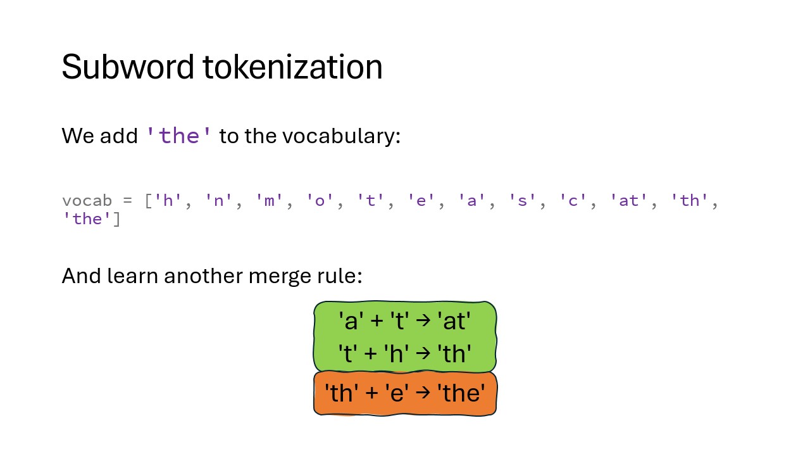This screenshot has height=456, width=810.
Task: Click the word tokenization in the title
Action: point(292,66)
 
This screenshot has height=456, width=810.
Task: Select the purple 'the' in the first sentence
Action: point(180,136)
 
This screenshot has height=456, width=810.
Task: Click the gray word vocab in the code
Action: point(87,201)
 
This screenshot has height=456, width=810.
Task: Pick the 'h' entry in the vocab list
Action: point(168,201)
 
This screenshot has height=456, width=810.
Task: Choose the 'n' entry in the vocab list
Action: point(218,201)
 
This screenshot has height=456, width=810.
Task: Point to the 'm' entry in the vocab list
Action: point(269,201)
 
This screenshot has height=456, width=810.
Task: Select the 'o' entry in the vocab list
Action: point(320,201)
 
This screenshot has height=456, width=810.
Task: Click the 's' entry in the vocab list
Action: point(522,201)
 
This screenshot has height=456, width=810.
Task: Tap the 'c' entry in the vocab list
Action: point(573,201)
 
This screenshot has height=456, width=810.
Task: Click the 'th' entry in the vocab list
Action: point(689,201)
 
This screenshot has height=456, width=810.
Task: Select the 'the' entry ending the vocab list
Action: point(87,219)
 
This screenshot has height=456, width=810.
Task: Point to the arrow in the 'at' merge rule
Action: point(424,320)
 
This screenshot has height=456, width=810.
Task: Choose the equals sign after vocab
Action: point(128,201)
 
